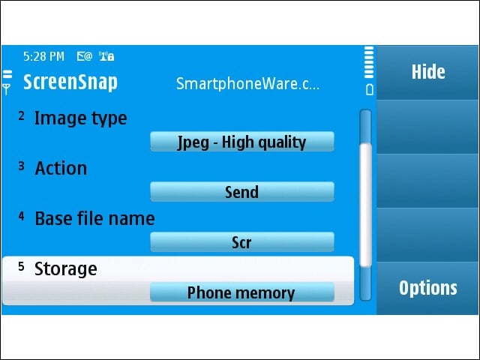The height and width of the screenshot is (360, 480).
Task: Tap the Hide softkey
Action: [x=427, y=72]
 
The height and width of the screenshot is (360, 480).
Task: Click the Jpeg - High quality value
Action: [x=242, y=142]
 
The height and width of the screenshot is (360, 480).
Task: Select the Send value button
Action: [x=242, y=192]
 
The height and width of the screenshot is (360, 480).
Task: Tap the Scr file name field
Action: [x=242, y=242]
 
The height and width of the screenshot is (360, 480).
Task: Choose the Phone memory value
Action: [x=242, y=292]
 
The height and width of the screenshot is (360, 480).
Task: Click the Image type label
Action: [x=80, y=118]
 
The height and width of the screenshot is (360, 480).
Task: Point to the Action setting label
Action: [x=61, y=168]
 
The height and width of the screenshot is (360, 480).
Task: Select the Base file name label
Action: [x=95, y=218]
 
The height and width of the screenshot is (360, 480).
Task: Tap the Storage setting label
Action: [x=66, y=269]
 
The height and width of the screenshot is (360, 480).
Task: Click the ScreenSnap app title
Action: [x=70, y=82]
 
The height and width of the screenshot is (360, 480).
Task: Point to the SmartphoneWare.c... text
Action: [x=247, y=84]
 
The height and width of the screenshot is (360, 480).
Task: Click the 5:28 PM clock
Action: [x=43, y=57]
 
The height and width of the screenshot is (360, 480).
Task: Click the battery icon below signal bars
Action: [x=370, y=90]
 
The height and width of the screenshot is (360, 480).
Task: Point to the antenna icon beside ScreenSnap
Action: [x=7, y=89]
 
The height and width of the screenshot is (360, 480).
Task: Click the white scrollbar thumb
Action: [x=365, y=205]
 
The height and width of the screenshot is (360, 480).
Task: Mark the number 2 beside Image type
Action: [x=21, y=115]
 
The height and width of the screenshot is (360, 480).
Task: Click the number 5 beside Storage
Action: [x=21, y=266]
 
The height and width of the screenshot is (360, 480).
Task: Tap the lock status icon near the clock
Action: [x=111, y=57]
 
